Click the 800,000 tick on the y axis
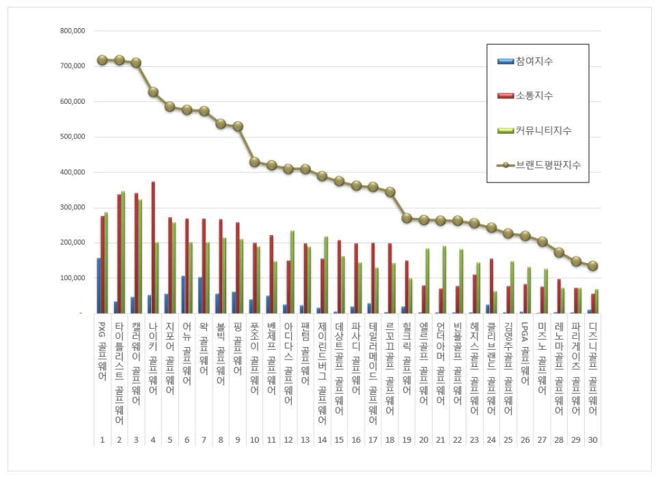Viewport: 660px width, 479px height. point(72,31)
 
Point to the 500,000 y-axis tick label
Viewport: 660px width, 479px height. point(72,137)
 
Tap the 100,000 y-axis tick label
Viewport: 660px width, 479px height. point(72,278)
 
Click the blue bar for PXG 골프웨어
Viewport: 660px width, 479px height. point(98,286)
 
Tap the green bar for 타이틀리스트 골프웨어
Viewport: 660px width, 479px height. point(123,252)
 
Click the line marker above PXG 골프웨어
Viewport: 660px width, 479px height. point(102,60)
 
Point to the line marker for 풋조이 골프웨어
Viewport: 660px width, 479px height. point(254,162)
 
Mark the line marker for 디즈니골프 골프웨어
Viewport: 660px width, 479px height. point(592,266)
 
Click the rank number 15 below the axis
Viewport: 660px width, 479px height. point(339,439)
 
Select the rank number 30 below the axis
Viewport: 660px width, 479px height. point(592,439)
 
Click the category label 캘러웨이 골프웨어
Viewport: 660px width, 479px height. point(136,363)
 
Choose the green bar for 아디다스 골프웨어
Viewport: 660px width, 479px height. point(292,272)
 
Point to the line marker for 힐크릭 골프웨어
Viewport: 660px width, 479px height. point(407,218)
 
